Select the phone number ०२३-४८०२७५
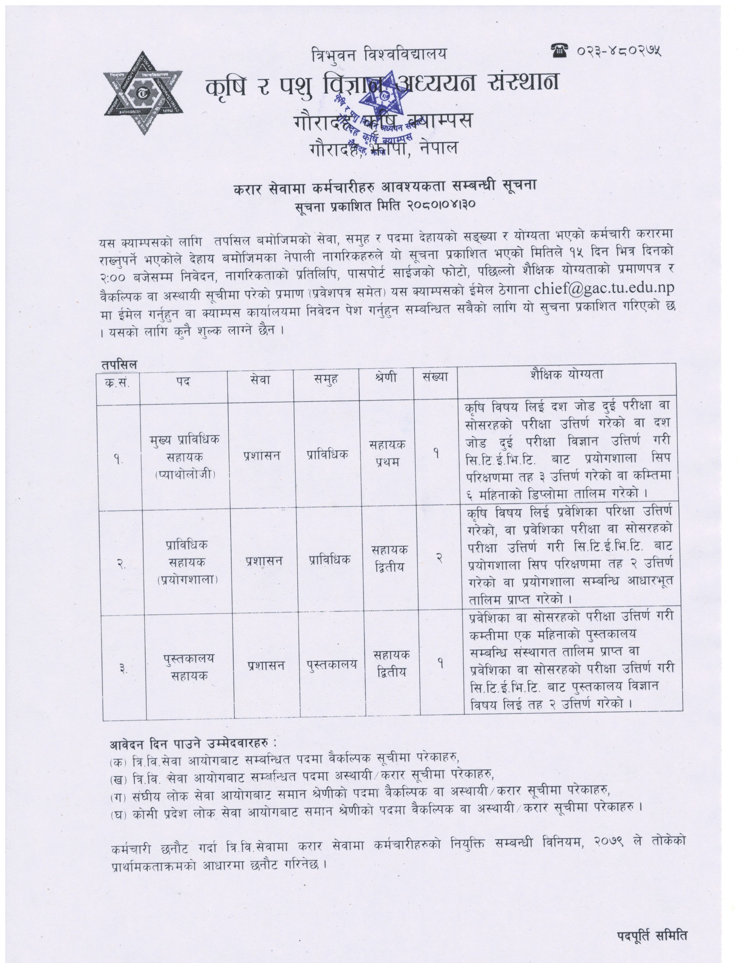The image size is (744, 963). (619, 52)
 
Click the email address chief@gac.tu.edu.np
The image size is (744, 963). (604, 288)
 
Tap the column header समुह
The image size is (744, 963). (326, 379)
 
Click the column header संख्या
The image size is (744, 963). (435, 377)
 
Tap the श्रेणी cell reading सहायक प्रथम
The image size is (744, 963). (387, 453)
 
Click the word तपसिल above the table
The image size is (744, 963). (119, 365)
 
